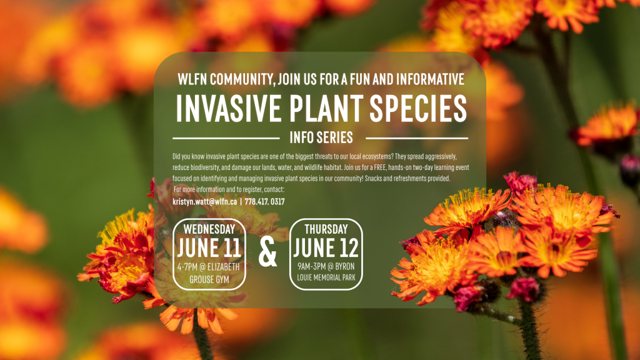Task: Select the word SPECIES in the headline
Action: (418, 109)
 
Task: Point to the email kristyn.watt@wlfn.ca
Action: (204, 202)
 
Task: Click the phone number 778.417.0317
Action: (264, 202)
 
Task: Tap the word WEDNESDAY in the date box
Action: (209, 229)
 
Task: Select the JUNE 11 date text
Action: (209, 247)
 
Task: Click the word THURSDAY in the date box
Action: (326, 229)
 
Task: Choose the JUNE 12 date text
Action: (326, 247)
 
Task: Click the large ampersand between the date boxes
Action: (267, 253)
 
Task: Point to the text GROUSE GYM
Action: (209, 279)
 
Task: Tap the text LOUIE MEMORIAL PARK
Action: (326, 277)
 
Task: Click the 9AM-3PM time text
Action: (311, 266)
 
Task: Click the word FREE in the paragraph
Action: (379, 167)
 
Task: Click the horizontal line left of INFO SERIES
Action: (226, 138)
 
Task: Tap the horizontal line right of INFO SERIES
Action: (417, 138)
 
